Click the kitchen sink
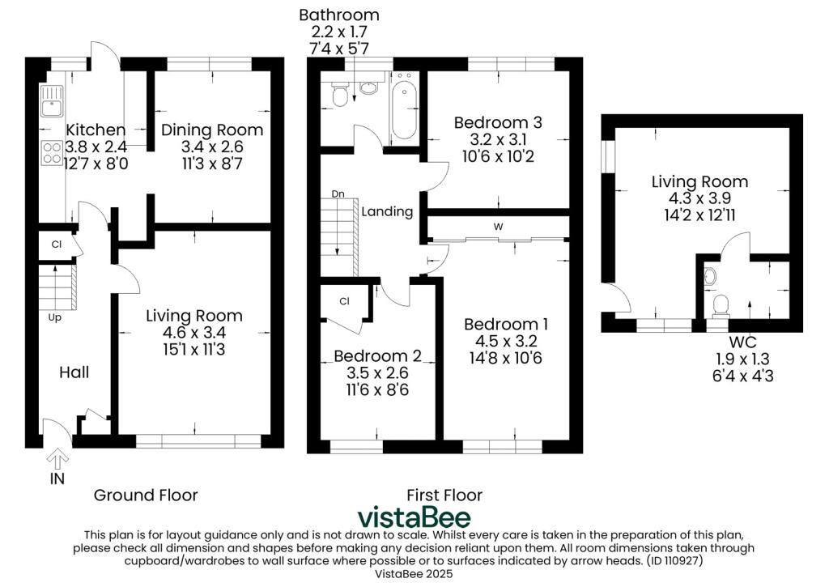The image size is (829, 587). [52, 101]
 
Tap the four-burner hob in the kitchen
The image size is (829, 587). [52, 152]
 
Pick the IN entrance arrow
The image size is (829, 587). [57, 458]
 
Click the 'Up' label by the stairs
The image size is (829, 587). [54, 318]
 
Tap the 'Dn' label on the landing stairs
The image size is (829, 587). [338, 194]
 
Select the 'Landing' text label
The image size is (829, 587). [387, 211]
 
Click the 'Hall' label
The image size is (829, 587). [74, 372]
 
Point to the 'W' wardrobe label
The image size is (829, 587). [498, 227]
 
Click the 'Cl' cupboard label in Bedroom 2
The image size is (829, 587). [344, 301]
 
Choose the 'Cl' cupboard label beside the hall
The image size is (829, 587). [57, 245]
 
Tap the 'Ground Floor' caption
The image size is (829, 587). [146, 496]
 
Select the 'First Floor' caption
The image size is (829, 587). [444, 496]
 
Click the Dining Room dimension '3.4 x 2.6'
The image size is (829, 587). [212, 147]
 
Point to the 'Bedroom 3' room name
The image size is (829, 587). [498, 123]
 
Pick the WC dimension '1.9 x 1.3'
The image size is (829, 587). [742, 359]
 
